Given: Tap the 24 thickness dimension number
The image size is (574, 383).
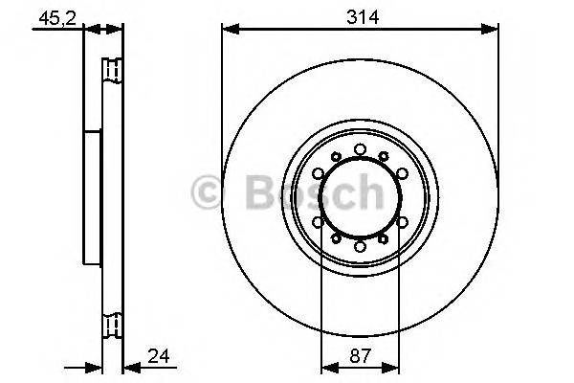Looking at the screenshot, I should coord(159,358).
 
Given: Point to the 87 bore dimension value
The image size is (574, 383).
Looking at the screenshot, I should coord(360,358).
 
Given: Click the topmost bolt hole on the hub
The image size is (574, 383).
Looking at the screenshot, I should coord(360,148).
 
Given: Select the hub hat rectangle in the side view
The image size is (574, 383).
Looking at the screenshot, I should coord(94,198).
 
